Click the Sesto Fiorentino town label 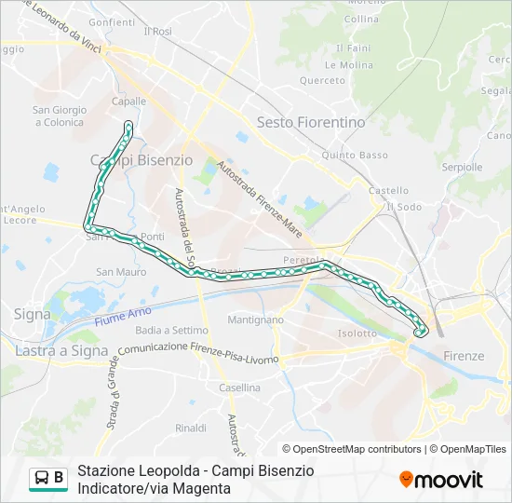tap(311, 122)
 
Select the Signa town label tap(33, 315)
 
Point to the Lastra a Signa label tap(55, 350)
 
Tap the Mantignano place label tap(255, 319)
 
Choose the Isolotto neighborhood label tap(357, 333)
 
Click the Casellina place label tap(239, 387)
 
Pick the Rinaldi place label tap(191, 428)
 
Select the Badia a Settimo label tap(171, 330)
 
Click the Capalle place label tap(128, 102)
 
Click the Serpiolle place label tap(462, 168)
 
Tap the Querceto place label tap(322, 81)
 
